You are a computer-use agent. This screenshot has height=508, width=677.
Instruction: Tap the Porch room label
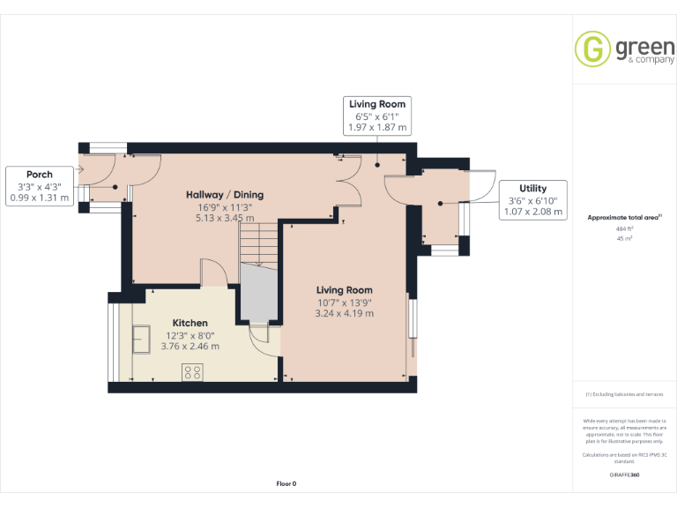(39, 175)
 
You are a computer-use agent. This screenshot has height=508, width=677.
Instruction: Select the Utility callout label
(532, 188)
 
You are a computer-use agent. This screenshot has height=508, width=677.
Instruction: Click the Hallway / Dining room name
(224, 195)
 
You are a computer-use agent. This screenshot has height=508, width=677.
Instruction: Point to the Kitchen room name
(190, 323)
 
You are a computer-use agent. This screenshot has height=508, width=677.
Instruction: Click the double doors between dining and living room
(347, 183)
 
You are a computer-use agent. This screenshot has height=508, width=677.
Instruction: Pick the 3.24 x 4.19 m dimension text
(345, 313)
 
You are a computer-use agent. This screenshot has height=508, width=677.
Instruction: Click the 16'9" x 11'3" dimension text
(224, 206)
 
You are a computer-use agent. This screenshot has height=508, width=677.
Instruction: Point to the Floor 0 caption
(286, 483)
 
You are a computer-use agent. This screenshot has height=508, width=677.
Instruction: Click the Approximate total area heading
(623, 216)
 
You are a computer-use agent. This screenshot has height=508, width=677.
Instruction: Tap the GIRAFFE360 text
(624, 474)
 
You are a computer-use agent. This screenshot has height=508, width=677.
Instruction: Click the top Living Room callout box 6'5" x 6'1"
(377, 116)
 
